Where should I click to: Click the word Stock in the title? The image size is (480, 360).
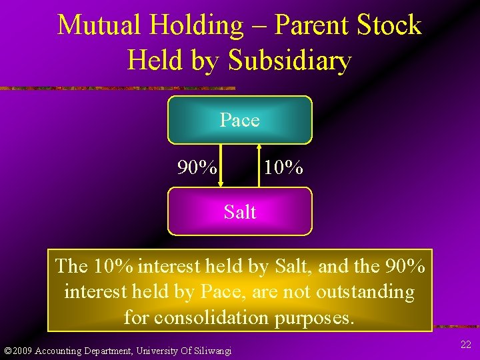pos(389,25)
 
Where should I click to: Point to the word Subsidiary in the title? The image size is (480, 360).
pos(289,61)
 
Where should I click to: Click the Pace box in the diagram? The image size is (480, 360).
pos(239,120)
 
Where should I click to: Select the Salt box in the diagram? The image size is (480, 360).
pos(239,212)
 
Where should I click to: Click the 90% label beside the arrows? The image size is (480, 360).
pos(197,167)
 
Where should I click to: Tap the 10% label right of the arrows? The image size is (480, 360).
pos(283,167)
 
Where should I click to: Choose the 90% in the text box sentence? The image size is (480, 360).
pos(405,267)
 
